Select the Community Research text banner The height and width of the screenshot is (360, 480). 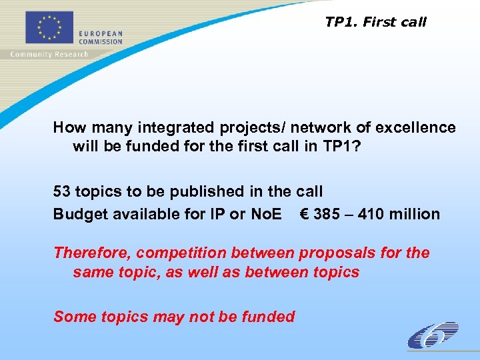point(49,54)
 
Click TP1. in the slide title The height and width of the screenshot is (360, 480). point(342,22)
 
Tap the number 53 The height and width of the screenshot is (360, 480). point(63,191)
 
